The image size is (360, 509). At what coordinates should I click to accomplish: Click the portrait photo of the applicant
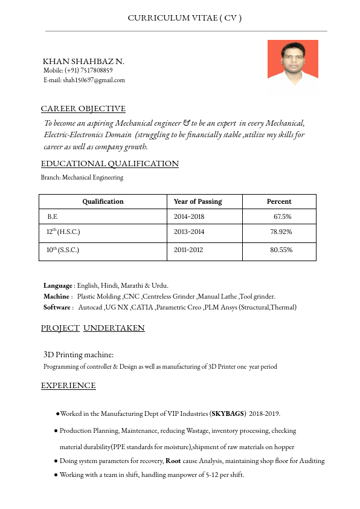(292, 67)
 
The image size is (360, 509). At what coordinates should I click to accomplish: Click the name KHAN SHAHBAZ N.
(83, 62)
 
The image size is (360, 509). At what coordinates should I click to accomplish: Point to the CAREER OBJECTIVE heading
(83, 109)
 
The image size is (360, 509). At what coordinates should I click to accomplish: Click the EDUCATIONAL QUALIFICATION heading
(110, 164)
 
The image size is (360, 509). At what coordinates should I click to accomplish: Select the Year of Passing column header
(198, 201)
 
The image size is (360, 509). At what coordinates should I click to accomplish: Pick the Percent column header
(279, 201)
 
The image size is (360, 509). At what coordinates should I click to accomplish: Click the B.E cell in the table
(53, 216)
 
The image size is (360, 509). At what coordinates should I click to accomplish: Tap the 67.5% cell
(283, 216)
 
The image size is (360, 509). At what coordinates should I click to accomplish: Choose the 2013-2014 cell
(189, 232)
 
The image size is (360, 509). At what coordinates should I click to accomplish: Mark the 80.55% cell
(281, 250)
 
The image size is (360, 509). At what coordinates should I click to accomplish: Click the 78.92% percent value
(281, 232)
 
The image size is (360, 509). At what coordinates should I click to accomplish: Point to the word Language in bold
(58, 285)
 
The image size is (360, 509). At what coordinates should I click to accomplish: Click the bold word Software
(57, 307)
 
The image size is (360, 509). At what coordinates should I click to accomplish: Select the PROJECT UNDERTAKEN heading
(93, 328)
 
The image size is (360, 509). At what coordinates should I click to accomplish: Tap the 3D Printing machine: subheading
(79, 354)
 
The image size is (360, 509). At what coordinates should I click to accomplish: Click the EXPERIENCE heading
(68, 386)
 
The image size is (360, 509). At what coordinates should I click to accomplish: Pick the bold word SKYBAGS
(227, 414)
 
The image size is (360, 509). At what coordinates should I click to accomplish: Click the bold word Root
(173, 461)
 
